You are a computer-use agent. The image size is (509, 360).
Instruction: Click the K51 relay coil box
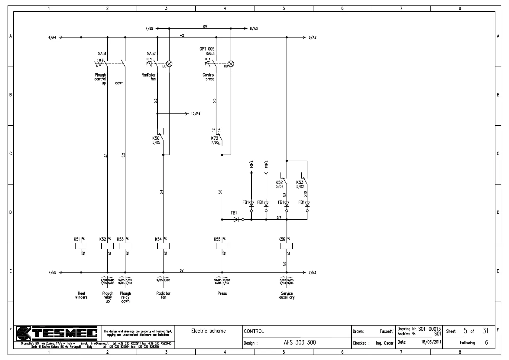click(x=81, y=246)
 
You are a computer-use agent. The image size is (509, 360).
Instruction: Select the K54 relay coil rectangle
click(x=163, y=246)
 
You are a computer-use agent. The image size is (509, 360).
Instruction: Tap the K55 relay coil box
click(x=222, y=246)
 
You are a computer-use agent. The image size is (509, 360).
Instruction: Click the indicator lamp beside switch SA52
click(x=169, y=64)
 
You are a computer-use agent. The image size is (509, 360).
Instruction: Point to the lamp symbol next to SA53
click(x=231, y=64)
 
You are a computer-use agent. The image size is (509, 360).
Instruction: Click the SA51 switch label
click(x=102, y=54)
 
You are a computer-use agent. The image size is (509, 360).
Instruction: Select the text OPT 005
click(x=207, y=49)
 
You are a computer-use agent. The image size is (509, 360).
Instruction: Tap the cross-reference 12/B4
click(x=196, y=114)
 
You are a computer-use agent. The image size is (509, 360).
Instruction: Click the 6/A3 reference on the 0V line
click(x=254, y=29)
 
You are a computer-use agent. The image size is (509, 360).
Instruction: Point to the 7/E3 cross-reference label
click(x=312, y=273)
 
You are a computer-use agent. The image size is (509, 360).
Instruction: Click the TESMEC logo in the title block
click(x=57, y=333)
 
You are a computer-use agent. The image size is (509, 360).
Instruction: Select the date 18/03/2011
click(x=431, y=342)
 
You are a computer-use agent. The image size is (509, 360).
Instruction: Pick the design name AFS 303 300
click(x=300, y=342)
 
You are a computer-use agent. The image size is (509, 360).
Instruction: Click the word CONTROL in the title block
click(x=254, y=331)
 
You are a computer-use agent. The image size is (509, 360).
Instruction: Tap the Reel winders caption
click(x=81, y=295)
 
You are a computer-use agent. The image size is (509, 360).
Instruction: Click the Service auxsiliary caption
click(x=287, y=295)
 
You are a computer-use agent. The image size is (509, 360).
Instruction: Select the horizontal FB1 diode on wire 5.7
click(x=236, y=219)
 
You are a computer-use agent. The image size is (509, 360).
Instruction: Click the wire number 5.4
click(x=161, y=192)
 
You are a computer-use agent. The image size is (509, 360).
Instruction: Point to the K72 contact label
click(x=215, y=138)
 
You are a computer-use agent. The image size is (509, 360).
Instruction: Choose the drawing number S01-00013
click(x=429, y=329)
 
